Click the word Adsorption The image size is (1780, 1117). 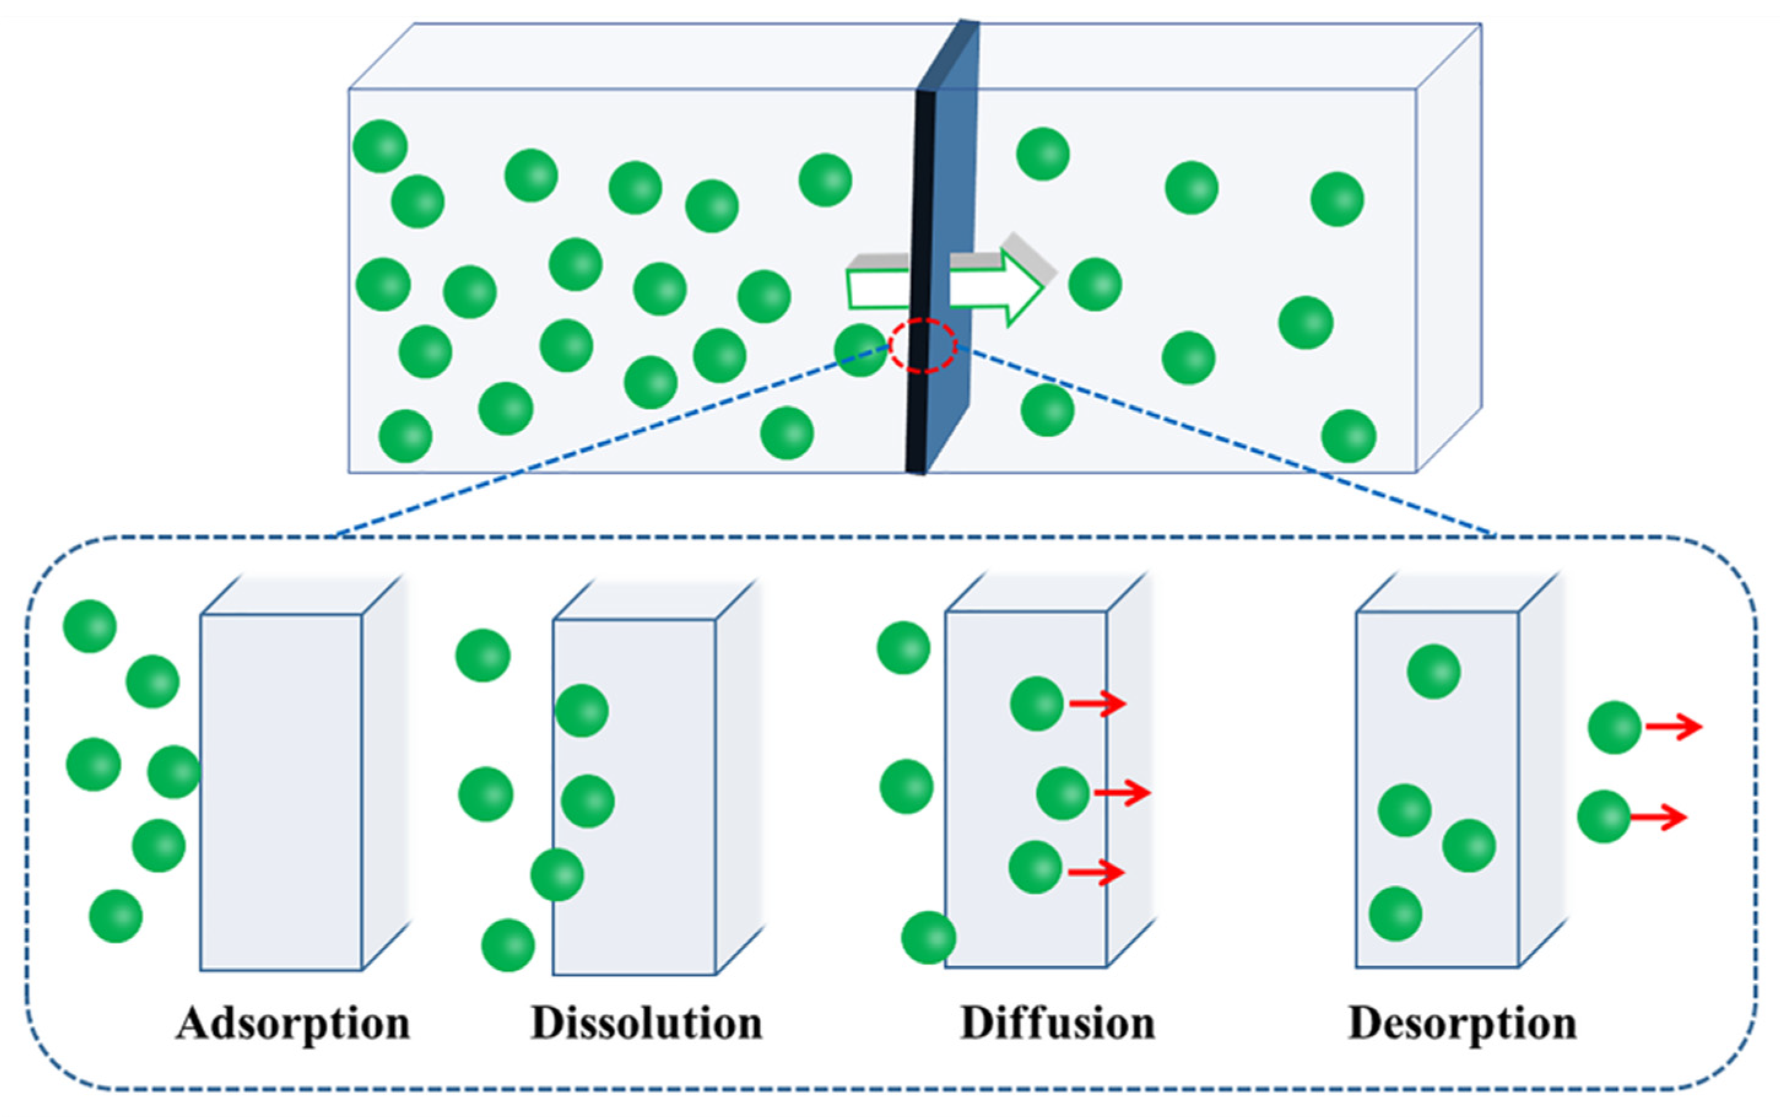click(293, 1024)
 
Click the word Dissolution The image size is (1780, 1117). click(646, 1024)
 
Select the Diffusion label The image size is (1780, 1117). click(1057, 1024)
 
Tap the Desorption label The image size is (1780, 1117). click(1462, 1024)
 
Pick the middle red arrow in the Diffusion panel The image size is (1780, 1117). click(1122, 793)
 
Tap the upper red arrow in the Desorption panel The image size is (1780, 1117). click(1675, 727)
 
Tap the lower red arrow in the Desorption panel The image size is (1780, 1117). click(1660, 817)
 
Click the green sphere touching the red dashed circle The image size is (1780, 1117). click(859, 350)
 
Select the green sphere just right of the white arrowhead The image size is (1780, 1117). click(1095, 284)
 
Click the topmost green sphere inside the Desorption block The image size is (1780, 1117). click(1433, 671)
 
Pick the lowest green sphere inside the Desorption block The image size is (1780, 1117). click(1395, 914)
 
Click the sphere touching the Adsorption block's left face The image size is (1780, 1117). click(174, 772)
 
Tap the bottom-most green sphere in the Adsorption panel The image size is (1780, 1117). click(115, 916)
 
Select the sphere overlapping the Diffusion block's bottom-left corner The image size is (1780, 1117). click(929, 937)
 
